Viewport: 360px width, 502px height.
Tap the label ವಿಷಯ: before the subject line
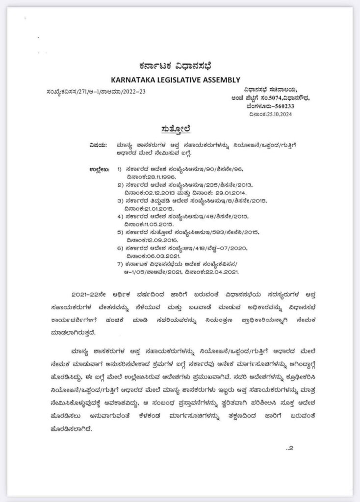(98, 145)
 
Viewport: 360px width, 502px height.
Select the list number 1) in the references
(120, 169)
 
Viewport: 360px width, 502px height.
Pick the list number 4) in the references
(120, 216)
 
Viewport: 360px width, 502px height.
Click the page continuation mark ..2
(289, 447)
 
